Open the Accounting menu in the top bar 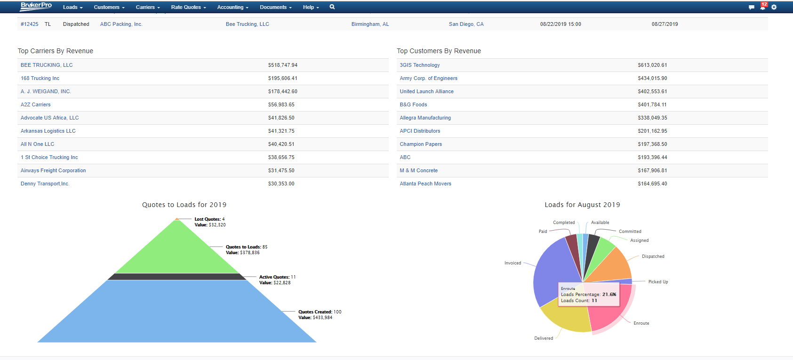(232, 7)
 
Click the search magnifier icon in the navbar (332, 7)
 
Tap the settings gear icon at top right (774, 7)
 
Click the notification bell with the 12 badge (762, 7)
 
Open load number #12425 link (30, 24)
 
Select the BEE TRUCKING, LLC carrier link (47, 65)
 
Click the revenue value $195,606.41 (282, 78)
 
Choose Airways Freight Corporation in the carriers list (53, 170)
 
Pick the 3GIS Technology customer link (420, 65)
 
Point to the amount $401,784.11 (652, 104)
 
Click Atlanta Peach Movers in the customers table (425, 184)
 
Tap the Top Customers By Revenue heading (439, 51)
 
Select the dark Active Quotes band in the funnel (177, 277)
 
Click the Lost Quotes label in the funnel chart (207, 219)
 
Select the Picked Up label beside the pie (658, 282)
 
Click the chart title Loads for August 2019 (582, 205)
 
